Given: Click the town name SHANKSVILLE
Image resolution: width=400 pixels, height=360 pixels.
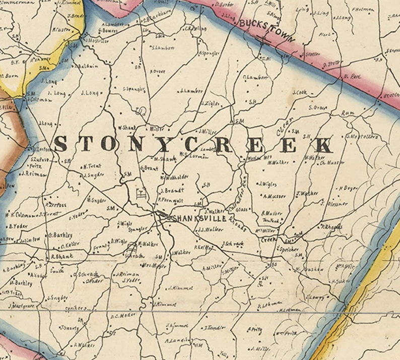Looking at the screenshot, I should tap(198, 218).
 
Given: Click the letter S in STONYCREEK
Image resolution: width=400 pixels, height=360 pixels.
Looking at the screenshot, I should tap(60, 144).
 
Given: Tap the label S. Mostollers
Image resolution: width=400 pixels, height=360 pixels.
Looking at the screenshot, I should tap(362, 136).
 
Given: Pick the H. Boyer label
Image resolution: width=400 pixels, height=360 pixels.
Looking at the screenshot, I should tap(348, 188).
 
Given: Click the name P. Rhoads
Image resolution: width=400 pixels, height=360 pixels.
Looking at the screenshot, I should tap(331, 226).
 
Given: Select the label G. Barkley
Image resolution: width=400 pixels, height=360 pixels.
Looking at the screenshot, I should tap(60, 234).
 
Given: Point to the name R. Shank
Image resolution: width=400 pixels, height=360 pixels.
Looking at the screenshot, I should tap(61, 256).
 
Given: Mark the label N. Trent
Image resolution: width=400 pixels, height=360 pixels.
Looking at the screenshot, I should tap(92, 166).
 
